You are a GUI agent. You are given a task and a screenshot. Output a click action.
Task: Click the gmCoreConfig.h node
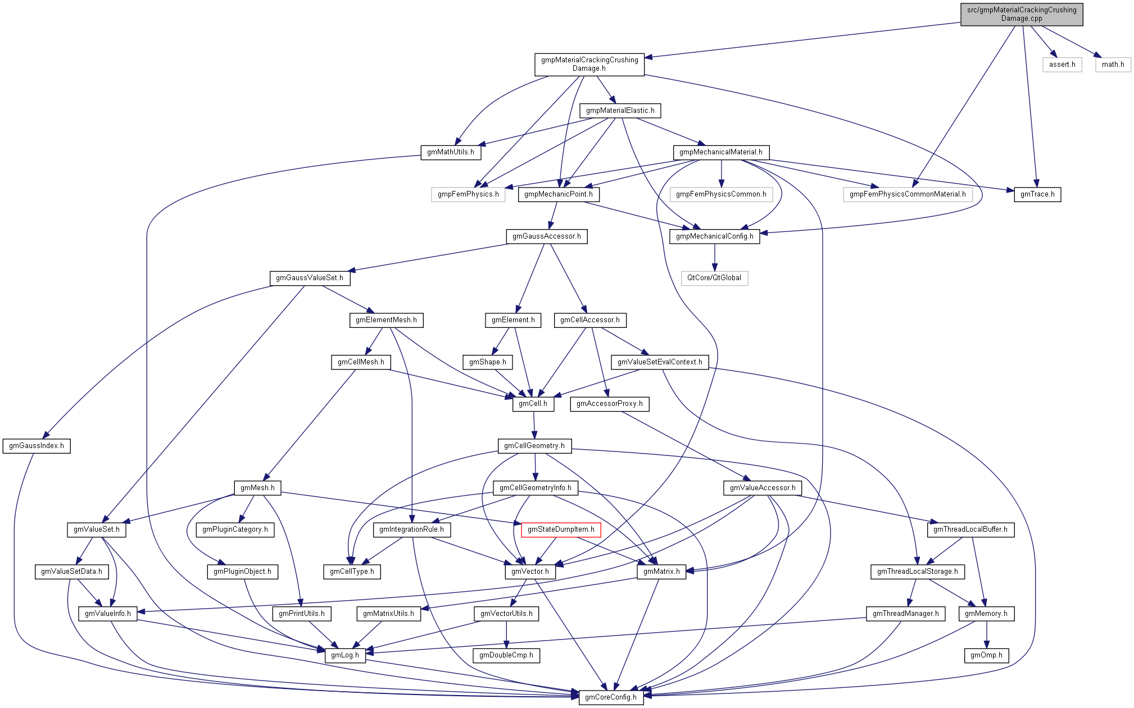click(611, 697)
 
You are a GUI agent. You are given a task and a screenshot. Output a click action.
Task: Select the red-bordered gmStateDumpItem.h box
click(561, 529)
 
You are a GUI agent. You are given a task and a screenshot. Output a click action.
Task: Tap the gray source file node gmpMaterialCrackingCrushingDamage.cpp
click(1022, 14)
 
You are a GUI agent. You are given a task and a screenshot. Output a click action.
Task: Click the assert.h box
click(1062, 65)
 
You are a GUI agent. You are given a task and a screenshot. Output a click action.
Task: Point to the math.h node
click(1113, 65)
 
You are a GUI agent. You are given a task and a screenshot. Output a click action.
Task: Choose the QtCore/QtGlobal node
click(714, 278)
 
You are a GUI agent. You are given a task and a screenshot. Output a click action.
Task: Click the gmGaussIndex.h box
click(37, 446)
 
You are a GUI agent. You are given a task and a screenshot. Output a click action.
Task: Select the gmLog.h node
click(345, 655)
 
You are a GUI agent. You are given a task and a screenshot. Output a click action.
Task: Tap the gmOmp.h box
click(986, 655)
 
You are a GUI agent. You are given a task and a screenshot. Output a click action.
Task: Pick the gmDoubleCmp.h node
click(506, 655)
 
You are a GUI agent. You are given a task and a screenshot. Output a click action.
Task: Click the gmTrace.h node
click(1037, 194)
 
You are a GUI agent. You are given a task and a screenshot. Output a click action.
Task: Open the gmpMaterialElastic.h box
click(620, 111)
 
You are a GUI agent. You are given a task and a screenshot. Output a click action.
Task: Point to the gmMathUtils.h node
click(451, 152)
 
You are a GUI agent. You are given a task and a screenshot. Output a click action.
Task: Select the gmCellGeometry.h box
click(534, 446)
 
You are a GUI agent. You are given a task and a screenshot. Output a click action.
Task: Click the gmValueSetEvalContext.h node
click(660, 362)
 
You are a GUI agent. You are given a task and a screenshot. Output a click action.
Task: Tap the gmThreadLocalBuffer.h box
click(970, 529)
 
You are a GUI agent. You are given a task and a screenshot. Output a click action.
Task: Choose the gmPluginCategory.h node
click(235, 529)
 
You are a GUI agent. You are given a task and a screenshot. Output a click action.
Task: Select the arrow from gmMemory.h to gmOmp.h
click(986, 634)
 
